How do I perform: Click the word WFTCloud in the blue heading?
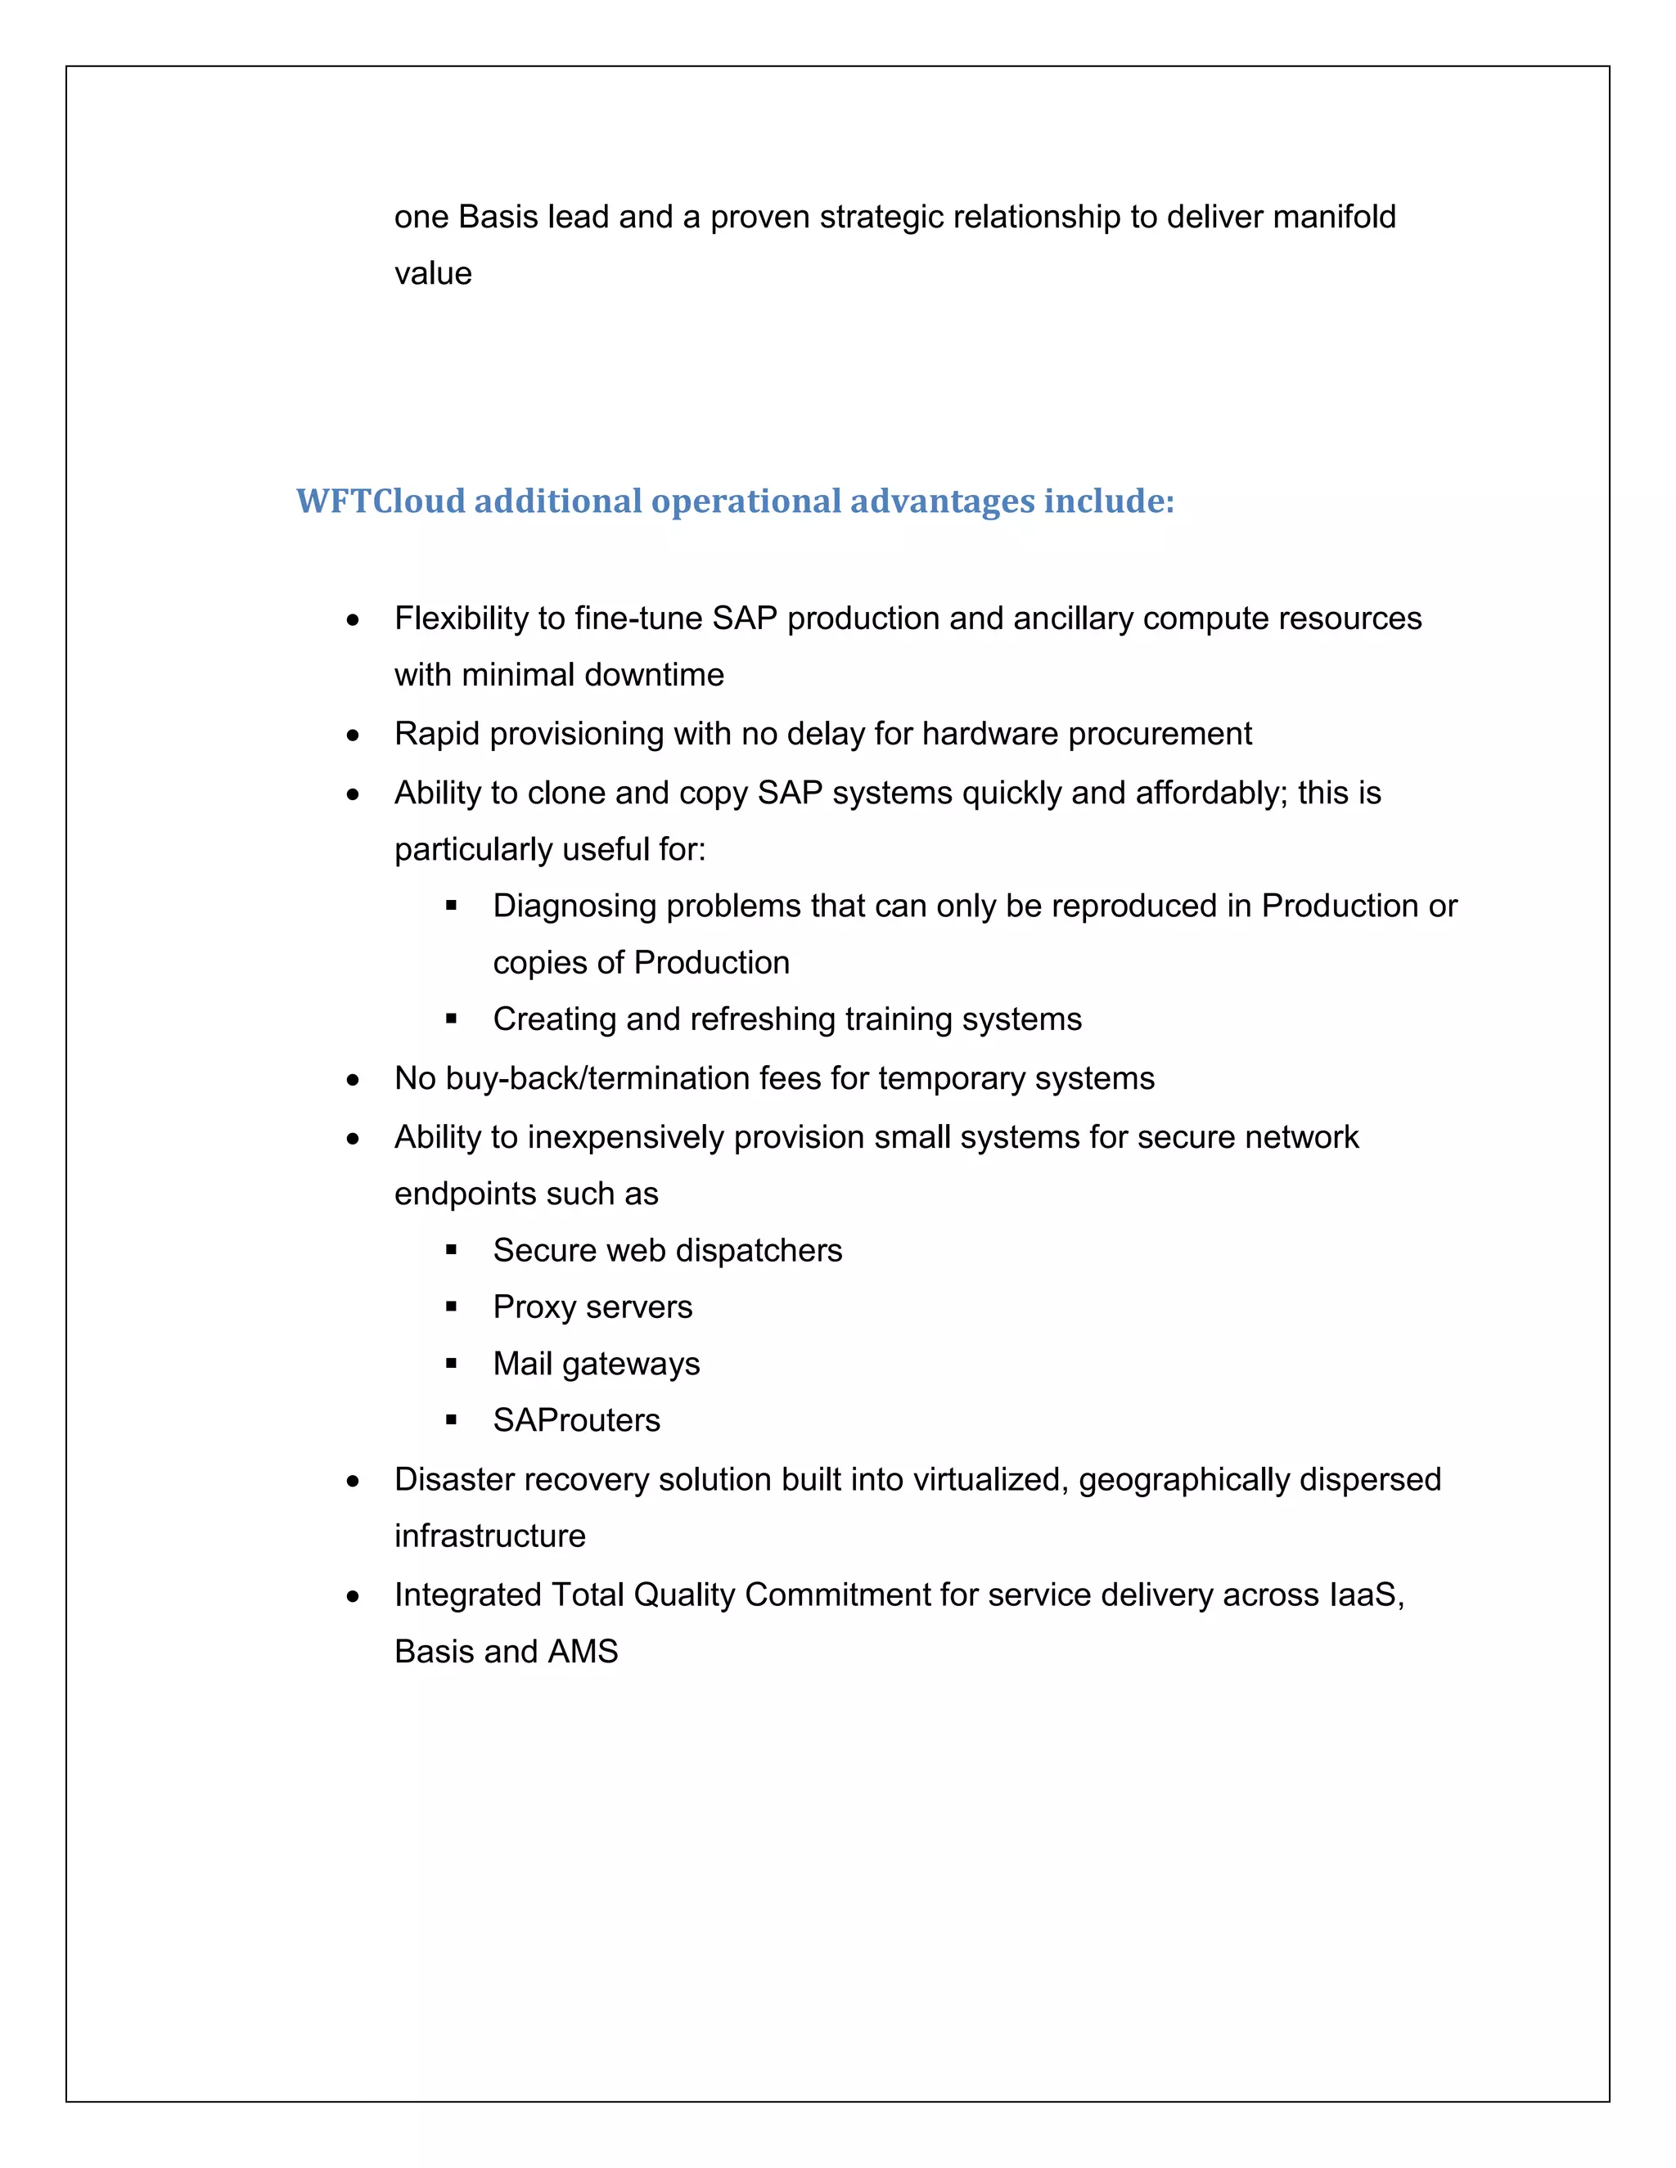click(x=381, y=502)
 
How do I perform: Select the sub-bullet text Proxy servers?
click(x=592, y=1307)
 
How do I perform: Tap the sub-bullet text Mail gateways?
click(x=596, y=1364)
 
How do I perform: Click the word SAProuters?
click(x=576, y=1420)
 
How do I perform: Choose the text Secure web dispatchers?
click(x=667, y=1251)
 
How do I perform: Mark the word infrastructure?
click(x=489, y=1536)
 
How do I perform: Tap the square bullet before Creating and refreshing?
click(x=452, y=1019)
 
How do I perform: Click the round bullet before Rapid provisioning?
click(x=353, y=735)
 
